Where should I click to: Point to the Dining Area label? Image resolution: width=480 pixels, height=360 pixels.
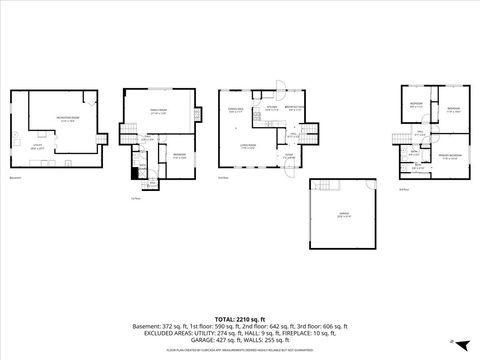235,111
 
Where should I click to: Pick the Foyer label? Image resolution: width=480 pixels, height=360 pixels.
287,155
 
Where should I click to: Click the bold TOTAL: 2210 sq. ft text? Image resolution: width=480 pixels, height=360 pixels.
239,313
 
